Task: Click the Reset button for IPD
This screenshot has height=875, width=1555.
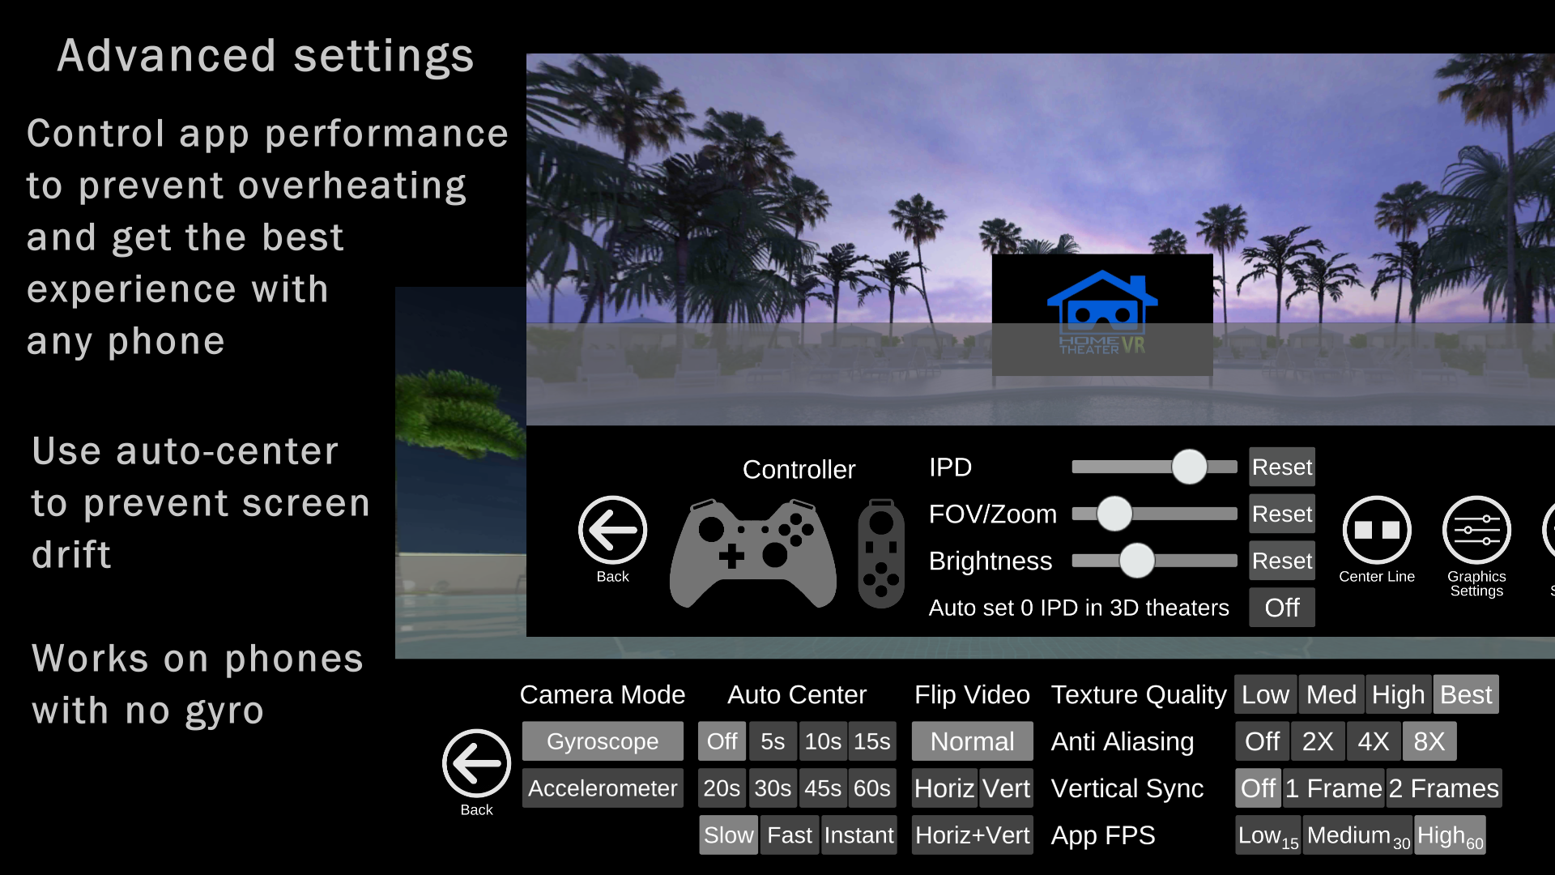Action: [x=1281, y=467]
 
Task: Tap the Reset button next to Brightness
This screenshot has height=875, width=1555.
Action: [x=1281, y=561]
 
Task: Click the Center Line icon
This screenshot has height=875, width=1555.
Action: [x=1377, y=530]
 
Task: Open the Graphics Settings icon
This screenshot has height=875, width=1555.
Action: [x=1476, y=530]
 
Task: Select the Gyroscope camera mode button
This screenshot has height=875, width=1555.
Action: [x=603, y=741]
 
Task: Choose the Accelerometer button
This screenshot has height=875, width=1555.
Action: [x=603, y=788]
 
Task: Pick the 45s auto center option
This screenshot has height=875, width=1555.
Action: [x=823, y=788]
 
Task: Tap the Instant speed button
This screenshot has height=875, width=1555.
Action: [x=858, y=835]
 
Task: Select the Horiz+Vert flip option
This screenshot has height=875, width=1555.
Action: [x=972, y=835]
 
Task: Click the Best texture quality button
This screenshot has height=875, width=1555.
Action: [x=1466, y=694]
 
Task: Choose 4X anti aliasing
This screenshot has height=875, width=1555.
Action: [x=1374, y=741]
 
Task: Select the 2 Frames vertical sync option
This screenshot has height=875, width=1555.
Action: [x=1444, y=788]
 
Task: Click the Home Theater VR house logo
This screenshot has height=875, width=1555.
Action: [x=1102, y=312]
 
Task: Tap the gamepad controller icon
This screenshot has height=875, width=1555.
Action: [x=753, y=553]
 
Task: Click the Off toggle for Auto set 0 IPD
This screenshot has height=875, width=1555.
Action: [x=1281, y=608]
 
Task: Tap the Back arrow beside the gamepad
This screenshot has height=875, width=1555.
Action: [x=612, y=530]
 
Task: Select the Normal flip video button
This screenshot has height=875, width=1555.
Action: [x=972, y=741]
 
